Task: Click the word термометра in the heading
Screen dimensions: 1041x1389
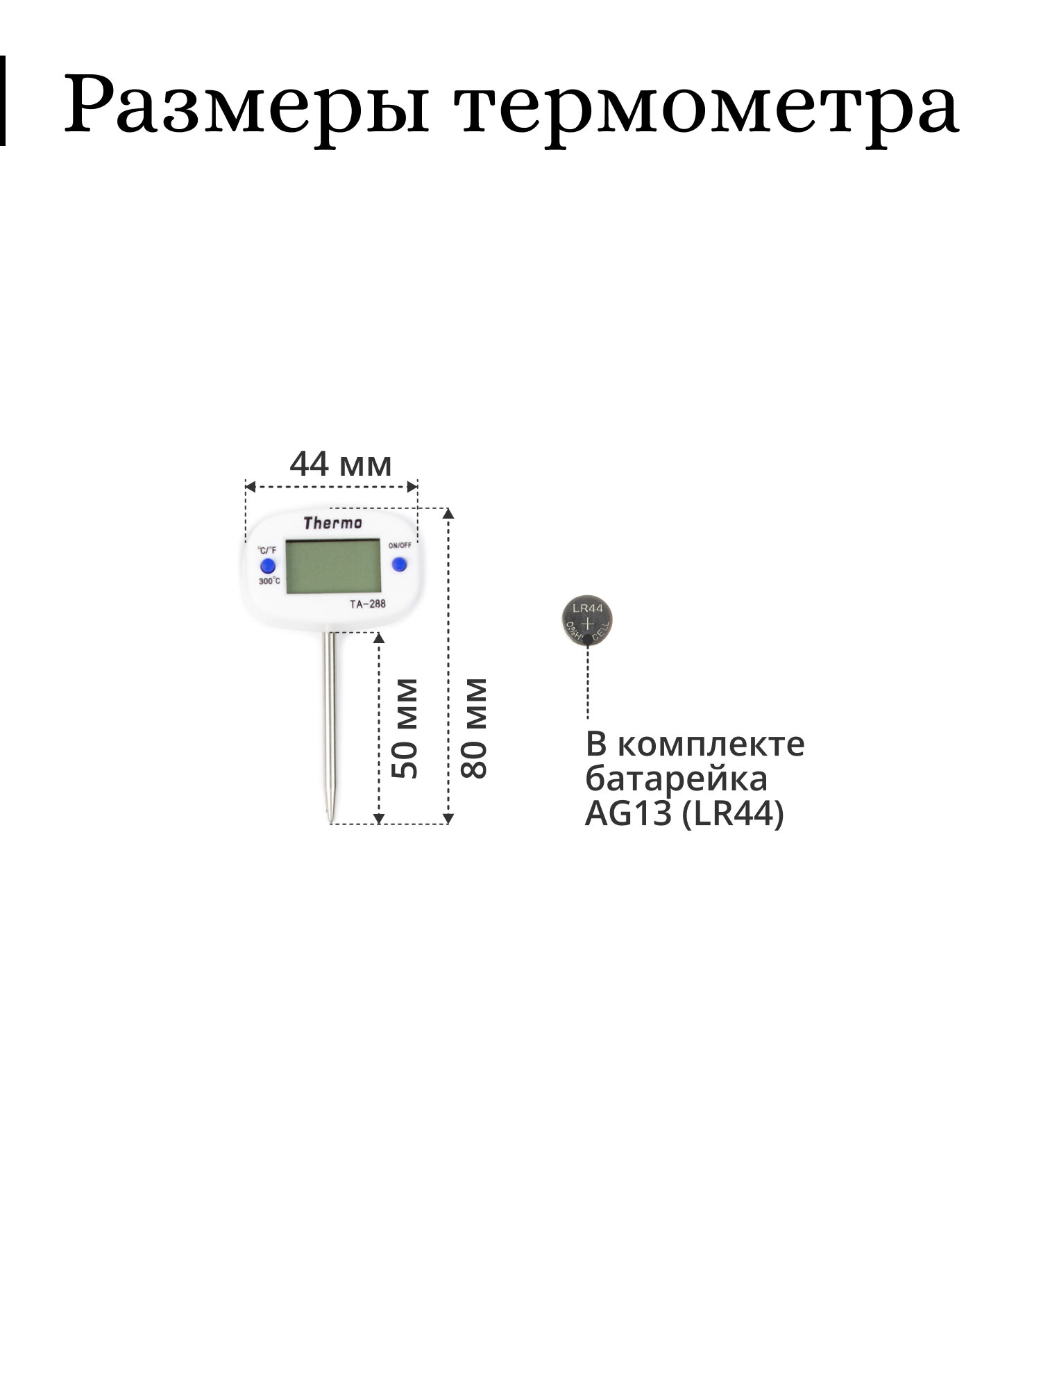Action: tap(708, 104)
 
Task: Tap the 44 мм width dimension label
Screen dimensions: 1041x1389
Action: tap(340, 465)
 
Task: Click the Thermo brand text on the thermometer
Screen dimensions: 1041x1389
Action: tap(332, 523)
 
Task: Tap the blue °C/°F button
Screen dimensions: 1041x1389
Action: tap(267, 565)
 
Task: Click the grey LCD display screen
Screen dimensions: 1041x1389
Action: tap(333, 566)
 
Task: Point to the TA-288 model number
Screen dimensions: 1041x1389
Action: tap(367, 604)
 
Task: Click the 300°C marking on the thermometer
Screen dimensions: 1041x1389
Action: tap(269, 581)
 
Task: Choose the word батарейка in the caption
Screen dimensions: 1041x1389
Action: tap(677, 779)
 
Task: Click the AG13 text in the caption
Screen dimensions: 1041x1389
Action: tap(629, 814)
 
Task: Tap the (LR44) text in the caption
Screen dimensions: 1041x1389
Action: tap(733, 814)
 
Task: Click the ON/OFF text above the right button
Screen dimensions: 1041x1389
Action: tap(400, 545)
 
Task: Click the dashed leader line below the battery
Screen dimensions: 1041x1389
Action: tap(588, 681)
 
